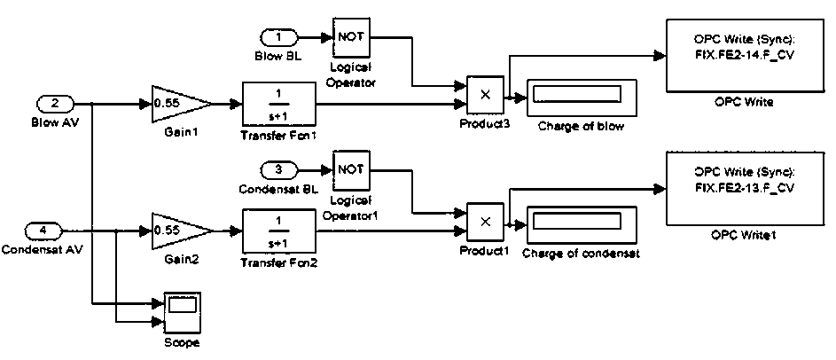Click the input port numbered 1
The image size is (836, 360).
tap(280, 38)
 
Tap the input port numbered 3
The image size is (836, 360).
tap(281, 170)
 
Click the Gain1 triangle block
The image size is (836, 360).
tap(178, 104)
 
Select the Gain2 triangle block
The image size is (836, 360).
tap(180, 231)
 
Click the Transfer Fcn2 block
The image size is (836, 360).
tap(278, 231)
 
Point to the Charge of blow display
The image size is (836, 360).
tap(581, 96)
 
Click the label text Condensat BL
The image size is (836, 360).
tap(278, 189)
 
